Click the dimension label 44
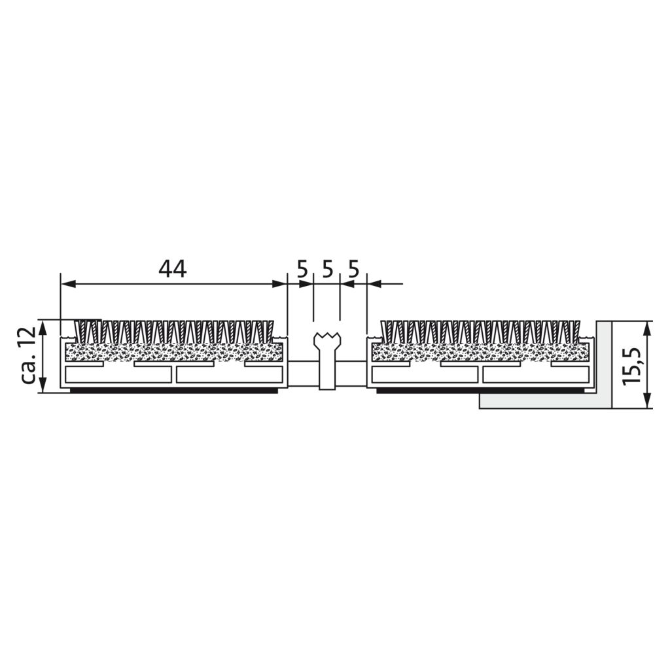pyautogui.click(x=173, y=269)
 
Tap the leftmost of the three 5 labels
pyautogui.click(x=302, y=270)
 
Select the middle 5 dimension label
pyautogui.click(x=327, y=270)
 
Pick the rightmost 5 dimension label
pyautogui.click(x=353, y=270)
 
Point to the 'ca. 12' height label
pyautogui.click(x=28, y=356)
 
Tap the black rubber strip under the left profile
pyautogui.click(x=174, y=390)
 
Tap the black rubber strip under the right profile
pyautogui.click(x=481, y=390)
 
